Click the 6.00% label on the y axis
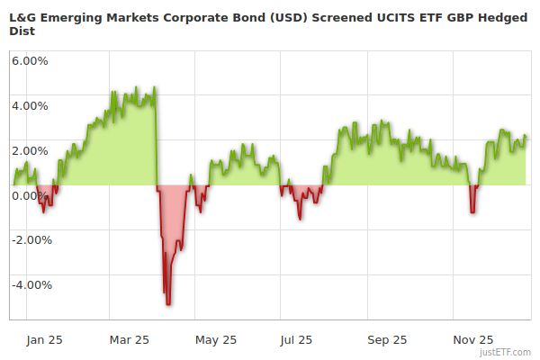[x=30, y=60]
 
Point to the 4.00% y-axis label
[x=30, y=105]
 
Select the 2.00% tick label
[x=30, y=150]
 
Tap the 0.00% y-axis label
[x=30, y=195]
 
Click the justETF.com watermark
[x=506, y=353]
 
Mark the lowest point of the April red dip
[x=168, y=304]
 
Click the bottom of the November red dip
[x=472, y=212]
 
